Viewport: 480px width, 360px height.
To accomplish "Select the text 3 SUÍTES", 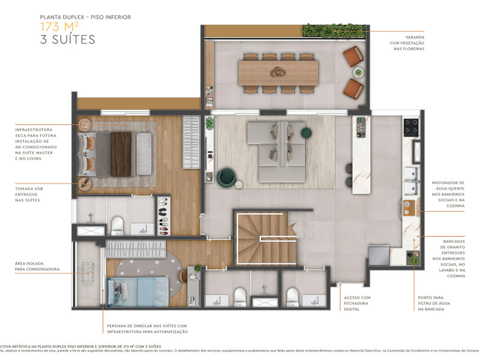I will [x=67, y=40].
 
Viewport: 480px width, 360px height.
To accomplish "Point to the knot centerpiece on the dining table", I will [x=278, y=73].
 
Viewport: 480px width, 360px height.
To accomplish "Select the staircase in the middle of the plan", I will [x=264, y=237].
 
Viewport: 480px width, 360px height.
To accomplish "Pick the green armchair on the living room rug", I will [x=226, y=176].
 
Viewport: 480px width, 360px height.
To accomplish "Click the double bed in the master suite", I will [x=117, y=154].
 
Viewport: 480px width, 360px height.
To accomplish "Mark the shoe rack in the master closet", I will [x=163, y=215].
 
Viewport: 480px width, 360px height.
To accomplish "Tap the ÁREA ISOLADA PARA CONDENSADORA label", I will [x=37, y=266].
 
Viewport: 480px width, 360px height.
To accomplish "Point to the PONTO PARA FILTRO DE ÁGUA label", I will [x=433, y=303].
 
